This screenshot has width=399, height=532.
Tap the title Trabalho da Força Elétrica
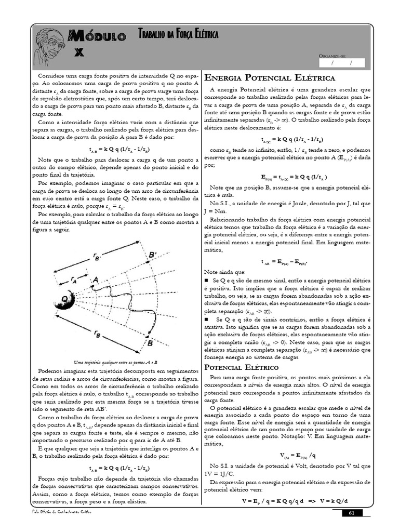[x=178, y=35]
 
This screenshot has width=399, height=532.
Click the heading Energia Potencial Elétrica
[x=270, y=78]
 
